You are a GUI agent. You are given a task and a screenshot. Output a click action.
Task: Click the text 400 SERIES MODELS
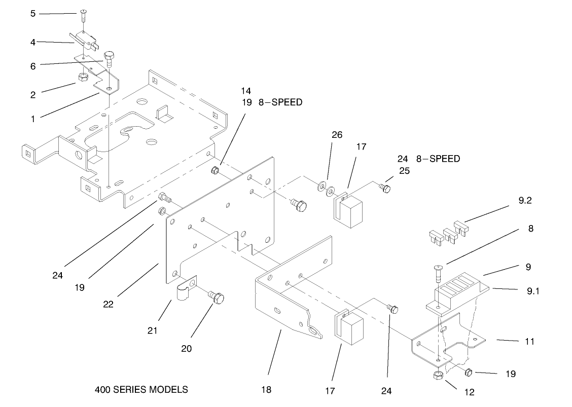pos(141,390)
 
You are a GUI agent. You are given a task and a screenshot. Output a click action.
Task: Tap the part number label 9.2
pos(525,201)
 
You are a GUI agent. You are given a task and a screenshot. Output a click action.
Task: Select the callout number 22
pos(108,305)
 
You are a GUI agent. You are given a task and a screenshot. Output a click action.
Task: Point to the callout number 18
pos(266,390)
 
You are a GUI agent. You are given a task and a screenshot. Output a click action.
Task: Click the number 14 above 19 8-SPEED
pos(246,91)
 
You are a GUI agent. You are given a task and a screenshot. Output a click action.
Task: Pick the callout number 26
pos(337,135)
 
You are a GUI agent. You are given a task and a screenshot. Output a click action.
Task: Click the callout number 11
pos(529,342)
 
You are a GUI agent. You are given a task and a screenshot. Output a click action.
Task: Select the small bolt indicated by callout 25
pos(386,189)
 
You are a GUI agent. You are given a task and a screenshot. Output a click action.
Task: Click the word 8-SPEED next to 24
pos(438,159)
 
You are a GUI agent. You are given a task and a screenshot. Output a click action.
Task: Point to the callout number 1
pos(33,119)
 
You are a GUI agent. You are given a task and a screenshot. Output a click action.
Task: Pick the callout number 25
pos(404,171)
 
